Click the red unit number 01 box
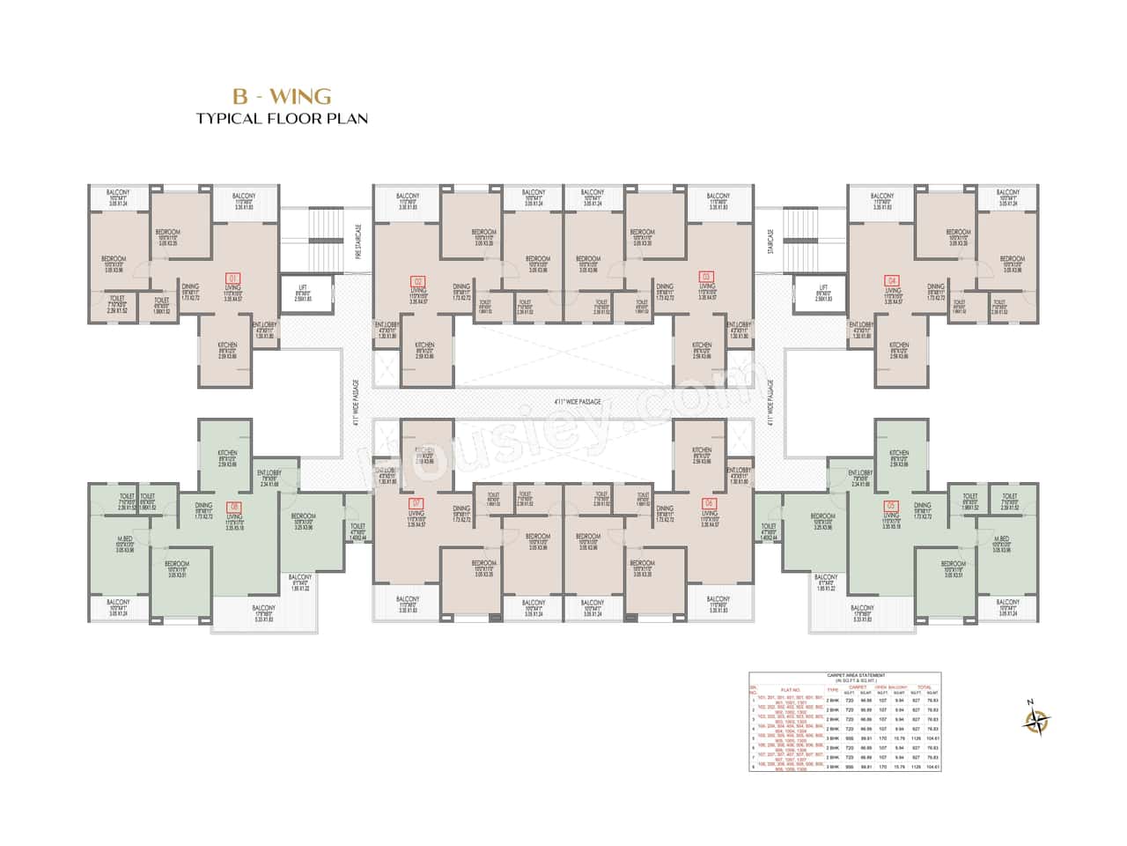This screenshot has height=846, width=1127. pos(233,278)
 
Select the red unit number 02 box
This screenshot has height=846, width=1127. pos(418,281)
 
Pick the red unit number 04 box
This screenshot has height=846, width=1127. pos(892,281)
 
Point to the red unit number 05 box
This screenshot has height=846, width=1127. pos(892,506)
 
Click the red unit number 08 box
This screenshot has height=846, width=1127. pos(233,506)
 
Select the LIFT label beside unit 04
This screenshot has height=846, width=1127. pos(823,287)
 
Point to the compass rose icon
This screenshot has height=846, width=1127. pos(1037,720)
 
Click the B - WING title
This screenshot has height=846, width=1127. pos(282,95)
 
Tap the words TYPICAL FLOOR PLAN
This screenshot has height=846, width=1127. pos(282,118)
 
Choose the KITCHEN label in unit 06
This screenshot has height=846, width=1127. pos(702,449)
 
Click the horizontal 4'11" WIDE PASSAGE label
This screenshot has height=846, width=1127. pos(578,402)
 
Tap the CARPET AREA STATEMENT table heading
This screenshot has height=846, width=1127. pos(844,676)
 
